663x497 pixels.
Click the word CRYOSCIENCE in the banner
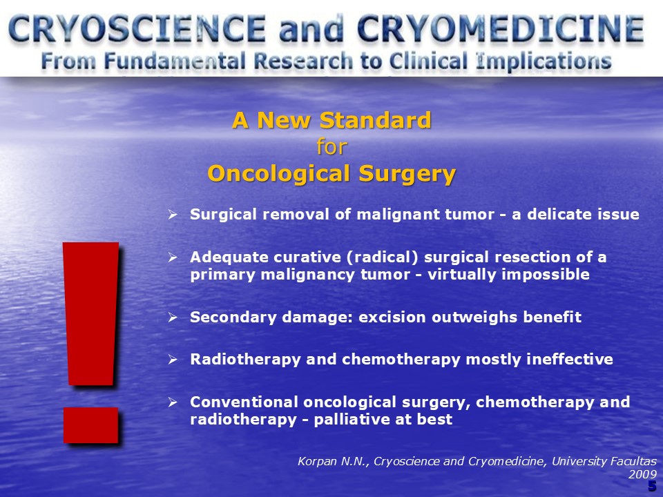click(x=137, y=28)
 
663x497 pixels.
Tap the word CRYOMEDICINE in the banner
click(x=501, y=28)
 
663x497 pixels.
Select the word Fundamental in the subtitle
click(x=175, y=61)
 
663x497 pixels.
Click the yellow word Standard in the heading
click(x=376, y=120)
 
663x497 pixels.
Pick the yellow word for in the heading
click(x=332, y=146)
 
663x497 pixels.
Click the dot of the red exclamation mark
click(x=91, y=425)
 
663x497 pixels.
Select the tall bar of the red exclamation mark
click(x=91, y=313)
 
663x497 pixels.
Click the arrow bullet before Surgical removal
click(x=172, y=214)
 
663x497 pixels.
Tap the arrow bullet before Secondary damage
click(x=172, y=317)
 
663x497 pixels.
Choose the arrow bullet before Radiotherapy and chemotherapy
click(x=172, y=359)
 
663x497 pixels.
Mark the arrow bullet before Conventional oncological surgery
click(x=172, y=402)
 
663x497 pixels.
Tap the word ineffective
click(x=570, y=359)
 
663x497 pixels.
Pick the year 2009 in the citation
click(x=643, y=475)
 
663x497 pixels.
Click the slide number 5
click(x=653, y=486)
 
